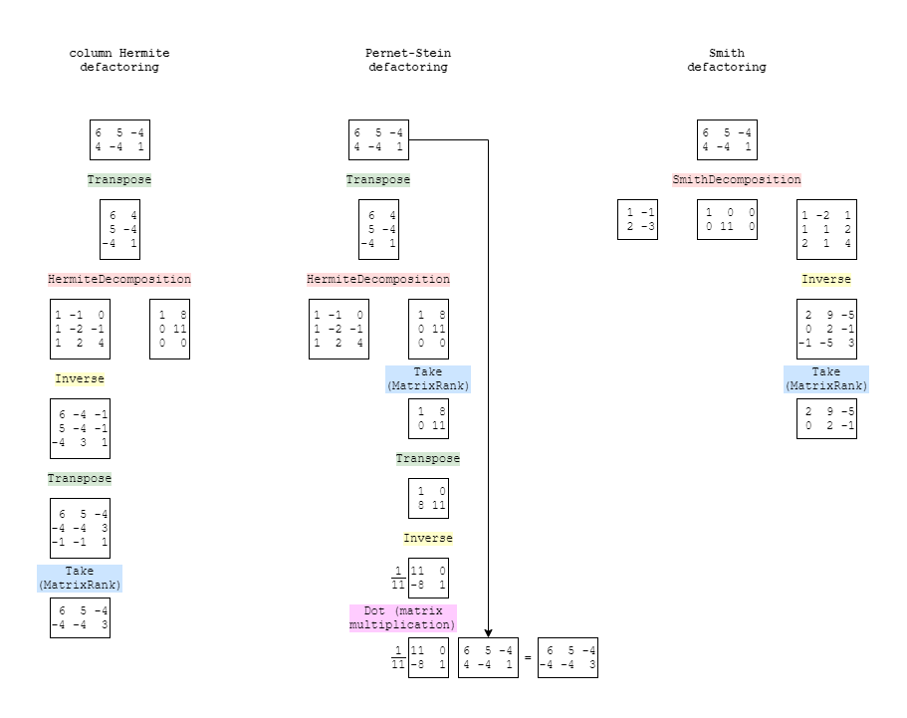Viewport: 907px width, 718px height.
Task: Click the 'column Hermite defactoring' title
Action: pos(119,60)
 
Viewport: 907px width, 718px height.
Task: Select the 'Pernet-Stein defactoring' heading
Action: pos(408,60)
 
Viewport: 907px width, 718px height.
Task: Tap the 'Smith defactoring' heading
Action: pos(727,60)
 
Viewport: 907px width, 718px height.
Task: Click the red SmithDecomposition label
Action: pos(737,179)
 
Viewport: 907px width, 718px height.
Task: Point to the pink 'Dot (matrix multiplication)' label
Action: pos(402,617)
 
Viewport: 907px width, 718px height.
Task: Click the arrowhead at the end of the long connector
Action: pos(488,634)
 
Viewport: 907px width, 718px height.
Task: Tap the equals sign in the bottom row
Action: pos(528,658)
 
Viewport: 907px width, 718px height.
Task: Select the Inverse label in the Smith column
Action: pos(826,279)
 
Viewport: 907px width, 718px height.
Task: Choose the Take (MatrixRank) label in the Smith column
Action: pos(826,379)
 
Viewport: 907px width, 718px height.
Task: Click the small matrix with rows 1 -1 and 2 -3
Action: pos(637,220)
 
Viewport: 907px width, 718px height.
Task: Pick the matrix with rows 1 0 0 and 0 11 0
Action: pos(727,220)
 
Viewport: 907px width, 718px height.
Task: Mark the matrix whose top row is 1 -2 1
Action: pos(826,230)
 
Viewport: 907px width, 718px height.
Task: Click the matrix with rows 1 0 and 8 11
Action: pos(429,498)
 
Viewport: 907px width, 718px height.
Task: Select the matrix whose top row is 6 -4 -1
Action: pos(80,429)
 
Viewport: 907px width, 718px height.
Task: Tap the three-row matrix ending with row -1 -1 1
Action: pos(80,528)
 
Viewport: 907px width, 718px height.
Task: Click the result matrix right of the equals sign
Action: pos(568,658)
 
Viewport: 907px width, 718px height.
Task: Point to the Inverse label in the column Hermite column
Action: pos(80,379)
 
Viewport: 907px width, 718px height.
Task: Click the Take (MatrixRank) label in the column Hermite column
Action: pos(80,578)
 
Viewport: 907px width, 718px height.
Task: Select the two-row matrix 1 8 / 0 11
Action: pos(429,419)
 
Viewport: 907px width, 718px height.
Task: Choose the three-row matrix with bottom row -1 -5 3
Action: pos(826,330)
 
